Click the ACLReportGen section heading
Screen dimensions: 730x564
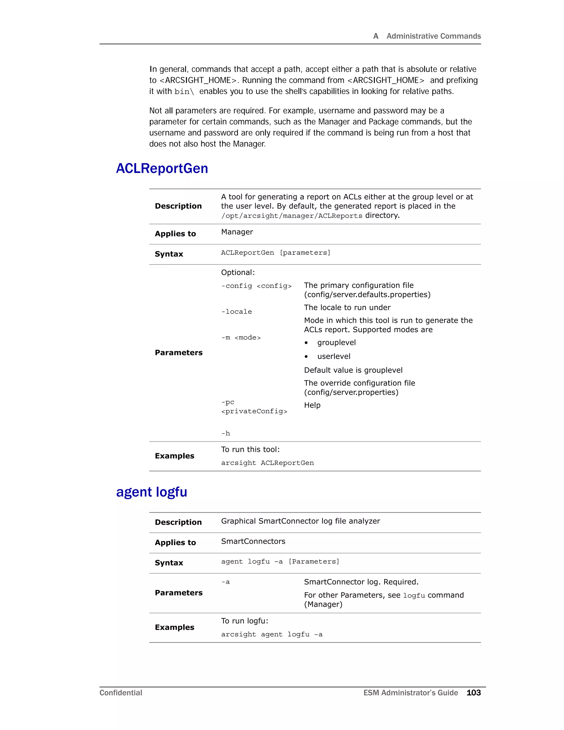click(x=162, y=169)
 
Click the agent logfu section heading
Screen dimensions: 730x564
click(x=151, y=492)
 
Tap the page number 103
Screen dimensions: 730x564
click(x=473, y=693)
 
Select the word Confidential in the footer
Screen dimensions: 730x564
click(x=121, y=693)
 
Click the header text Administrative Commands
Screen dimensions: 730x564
click(x=433, y=36)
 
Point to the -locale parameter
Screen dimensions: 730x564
click(x=237, y=312)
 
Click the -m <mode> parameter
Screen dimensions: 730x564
click(x=241, y=338)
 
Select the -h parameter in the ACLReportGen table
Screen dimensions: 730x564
click(x=226, y=434)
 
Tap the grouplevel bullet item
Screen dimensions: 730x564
click(x=336, y=343)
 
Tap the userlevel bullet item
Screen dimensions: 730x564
click(x=333, y=356)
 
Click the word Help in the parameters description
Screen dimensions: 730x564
click(x=312, y=405)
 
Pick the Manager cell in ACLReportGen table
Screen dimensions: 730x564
click(x=237, y=232)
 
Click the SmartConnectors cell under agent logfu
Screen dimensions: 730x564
click(x=253, y=541)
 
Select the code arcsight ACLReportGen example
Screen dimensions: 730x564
click(x=267, y=463)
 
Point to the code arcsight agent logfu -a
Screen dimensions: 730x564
click(x=272, y=634)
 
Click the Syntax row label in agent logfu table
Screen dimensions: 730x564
click(x=169, y=563)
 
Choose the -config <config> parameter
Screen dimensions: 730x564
click(x=256, y=286)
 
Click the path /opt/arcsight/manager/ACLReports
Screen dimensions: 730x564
click(x=292, y=216)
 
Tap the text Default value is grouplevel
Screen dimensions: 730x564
click(x=353, y=370)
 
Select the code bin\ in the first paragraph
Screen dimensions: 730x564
click(x=184, y=91)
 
